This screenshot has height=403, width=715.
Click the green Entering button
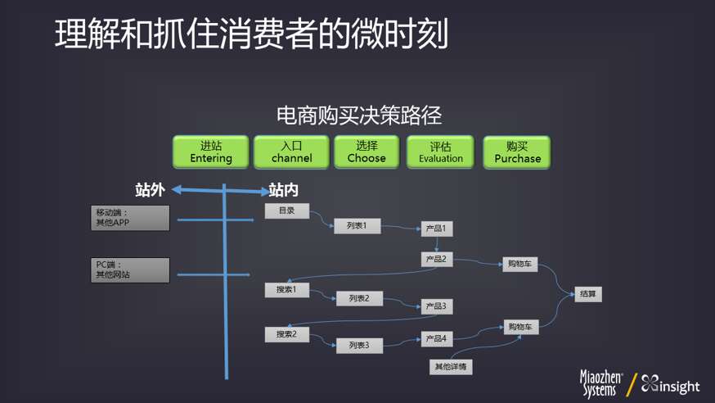210,152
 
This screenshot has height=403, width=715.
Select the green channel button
291,152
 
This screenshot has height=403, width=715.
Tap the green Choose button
366,152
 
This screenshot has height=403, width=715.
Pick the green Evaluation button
440,152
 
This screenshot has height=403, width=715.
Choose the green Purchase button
517,152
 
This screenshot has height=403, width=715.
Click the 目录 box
286,211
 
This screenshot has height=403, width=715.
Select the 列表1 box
357,225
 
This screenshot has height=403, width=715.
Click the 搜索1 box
286,290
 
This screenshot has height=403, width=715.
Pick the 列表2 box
358,299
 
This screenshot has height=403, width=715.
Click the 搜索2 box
286,334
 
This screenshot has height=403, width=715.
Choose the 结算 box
587,294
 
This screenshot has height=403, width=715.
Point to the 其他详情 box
450,367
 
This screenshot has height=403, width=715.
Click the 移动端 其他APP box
130,218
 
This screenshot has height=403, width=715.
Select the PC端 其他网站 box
130,270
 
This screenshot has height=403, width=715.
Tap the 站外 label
150,191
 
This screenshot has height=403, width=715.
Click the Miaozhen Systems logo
601,384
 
